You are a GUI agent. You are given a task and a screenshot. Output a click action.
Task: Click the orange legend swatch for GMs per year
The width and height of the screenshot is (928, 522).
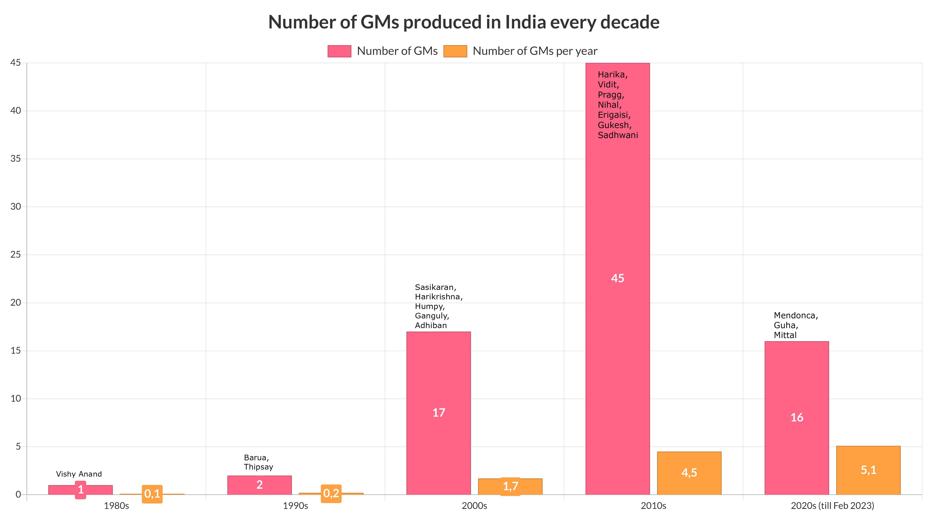tap(455, 51)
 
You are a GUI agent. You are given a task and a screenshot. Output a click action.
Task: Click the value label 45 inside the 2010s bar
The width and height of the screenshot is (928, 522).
tap(618, 278)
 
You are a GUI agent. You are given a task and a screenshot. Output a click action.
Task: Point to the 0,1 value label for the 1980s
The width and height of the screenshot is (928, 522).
tap(152, 493)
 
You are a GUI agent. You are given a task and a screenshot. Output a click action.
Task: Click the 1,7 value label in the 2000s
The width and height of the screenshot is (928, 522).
tap(510, 486)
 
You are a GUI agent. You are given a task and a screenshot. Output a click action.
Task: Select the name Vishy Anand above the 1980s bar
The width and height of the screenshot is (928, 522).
tap(79, 474)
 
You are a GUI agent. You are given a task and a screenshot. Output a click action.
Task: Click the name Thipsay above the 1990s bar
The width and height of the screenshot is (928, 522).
tap(258, 467)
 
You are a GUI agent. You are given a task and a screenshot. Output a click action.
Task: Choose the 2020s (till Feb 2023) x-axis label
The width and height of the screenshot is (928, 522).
tap(832, 506)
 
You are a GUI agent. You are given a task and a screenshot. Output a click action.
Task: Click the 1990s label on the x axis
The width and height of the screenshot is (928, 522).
tap(295, 506)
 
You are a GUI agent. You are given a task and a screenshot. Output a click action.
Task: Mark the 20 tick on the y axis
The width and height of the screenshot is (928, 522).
tap(15, 303)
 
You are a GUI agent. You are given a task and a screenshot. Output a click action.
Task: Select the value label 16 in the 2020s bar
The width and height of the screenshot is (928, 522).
tap(797, 418)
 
